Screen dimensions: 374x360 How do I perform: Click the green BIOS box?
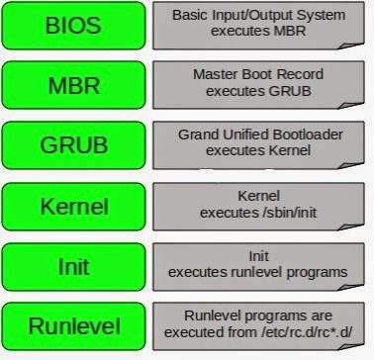pos(73,26)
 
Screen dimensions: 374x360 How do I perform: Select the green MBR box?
pos(73,85)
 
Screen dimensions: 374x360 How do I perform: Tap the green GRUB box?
pos(73,145)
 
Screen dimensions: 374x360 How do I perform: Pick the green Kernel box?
pos(73,207)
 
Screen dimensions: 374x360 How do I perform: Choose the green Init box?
pos(73,267)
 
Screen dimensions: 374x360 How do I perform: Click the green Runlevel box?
pos(73,326)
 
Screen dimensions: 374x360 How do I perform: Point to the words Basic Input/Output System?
pos(258,15)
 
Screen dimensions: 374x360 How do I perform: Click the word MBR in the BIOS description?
pos(290,31)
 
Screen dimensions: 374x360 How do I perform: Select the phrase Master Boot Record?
pos(258,74)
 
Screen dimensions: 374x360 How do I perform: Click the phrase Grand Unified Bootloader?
pos(260,135)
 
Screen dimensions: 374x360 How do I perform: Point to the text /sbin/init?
pos(289,213)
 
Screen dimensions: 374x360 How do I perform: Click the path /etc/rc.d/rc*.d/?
pos(307,332)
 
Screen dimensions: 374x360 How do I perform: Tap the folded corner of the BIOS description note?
pos(350,45)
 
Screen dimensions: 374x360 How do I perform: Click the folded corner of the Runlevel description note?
pos(350,346)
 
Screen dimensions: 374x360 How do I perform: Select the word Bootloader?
pos(304,135)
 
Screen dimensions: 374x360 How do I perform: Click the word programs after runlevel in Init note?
pos(317,273)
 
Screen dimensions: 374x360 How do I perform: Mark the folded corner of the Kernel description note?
pos(350,226)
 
